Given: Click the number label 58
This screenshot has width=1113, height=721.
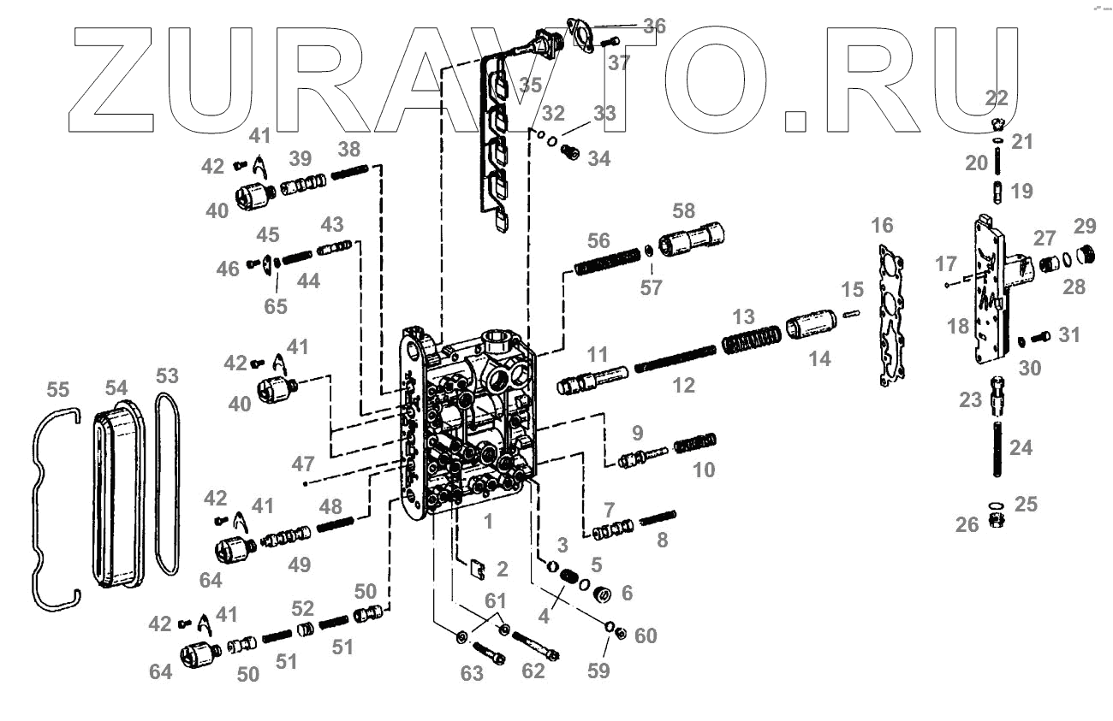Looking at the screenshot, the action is point(684,211).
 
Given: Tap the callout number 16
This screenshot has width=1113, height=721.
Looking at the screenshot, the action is point(882,225).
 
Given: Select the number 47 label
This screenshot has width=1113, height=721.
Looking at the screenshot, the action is point(302,465).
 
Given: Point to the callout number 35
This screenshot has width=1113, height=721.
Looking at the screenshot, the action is point(530,86).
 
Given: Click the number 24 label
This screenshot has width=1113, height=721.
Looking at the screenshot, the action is point(1021,446).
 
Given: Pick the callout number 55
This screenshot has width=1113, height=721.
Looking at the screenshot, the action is point(59,390).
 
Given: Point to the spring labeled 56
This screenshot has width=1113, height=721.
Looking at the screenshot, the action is point(608,260).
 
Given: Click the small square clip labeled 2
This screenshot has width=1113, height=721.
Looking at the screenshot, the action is point(479,566).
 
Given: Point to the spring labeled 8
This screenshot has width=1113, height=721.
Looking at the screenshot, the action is point(658,518).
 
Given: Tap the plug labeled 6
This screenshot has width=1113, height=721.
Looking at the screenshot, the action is point(602,592).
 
